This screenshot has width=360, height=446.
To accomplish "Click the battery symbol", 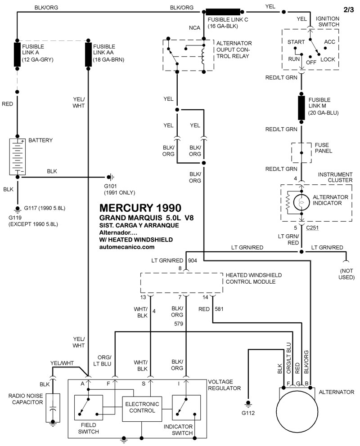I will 18,156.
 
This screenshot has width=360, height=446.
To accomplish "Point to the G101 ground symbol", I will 109,177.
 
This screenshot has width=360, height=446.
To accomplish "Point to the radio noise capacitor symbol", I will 53,408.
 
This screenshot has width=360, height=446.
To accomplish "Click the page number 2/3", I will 348,9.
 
